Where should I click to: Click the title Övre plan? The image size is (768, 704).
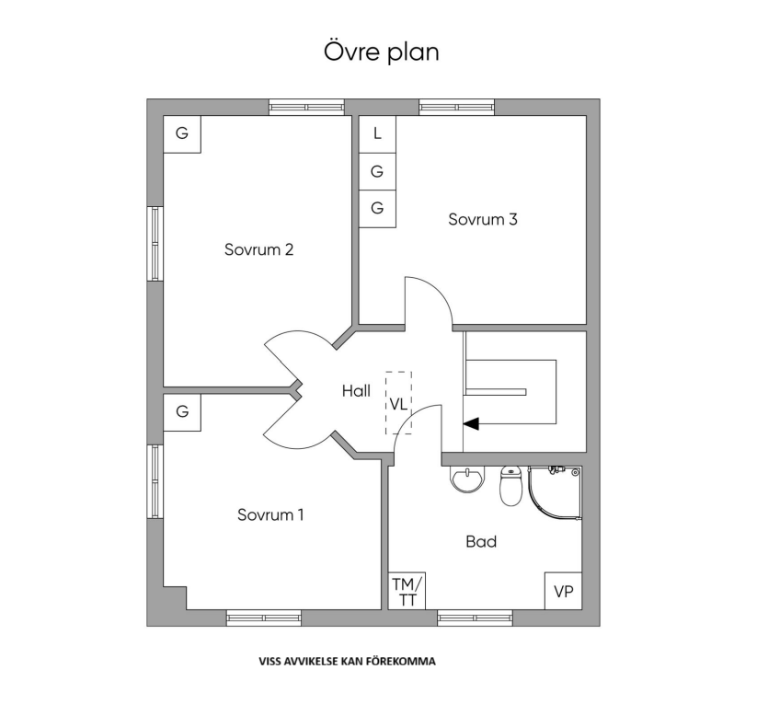[381, 52]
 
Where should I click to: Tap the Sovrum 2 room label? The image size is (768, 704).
[258, 249]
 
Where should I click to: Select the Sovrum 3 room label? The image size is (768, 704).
[483, 219]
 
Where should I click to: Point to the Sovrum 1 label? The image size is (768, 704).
[270, 514]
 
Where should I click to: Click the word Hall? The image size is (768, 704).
[356, 390]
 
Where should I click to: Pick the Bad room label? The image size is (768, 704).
[481, 541]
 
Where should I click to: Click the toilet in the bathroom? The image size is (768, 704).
[510, 486]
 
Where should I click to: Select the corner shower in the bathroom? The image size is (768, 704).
[555, 491]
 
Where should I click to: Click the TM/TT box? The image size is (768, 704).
[407, 591]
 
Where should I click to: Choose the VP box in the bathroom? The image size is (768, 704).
[563, 591]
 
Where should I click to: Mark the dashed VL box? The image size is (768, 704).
[398, 403]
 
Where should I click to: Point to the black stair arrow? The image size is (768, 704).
[471, 424]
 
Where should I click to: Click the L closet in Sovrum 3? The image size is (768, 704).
[377, 133]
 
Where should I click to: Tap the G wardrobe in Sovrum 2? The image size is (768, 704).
[182, 133]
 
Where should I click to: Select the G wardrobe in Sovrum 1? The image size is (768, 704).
[182, 412]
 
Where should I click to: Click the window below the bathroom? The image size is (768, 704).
[475, 617]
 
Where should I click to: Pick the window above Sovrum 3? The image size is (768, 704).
[456, 108]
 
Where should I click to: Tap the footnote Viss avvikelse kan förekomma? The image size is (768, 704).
[347, 662]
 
